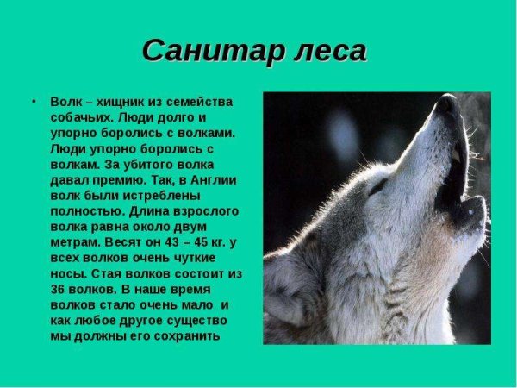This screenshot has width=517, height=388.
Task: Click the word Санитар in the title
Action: (x=200, y=53)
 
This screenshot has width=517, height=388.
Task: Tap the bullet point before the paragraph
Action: (x=34, y=100)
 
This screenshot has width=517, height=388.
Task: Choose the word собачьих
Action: (x=83, y=116)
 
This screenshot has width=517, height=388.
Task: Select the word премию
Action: (x=112, y=179)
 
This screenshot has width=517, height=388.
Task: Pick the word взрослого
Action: (x=200, y=210)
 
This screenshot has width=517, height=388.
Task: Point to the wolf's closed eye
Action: (x=378, y=185)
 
